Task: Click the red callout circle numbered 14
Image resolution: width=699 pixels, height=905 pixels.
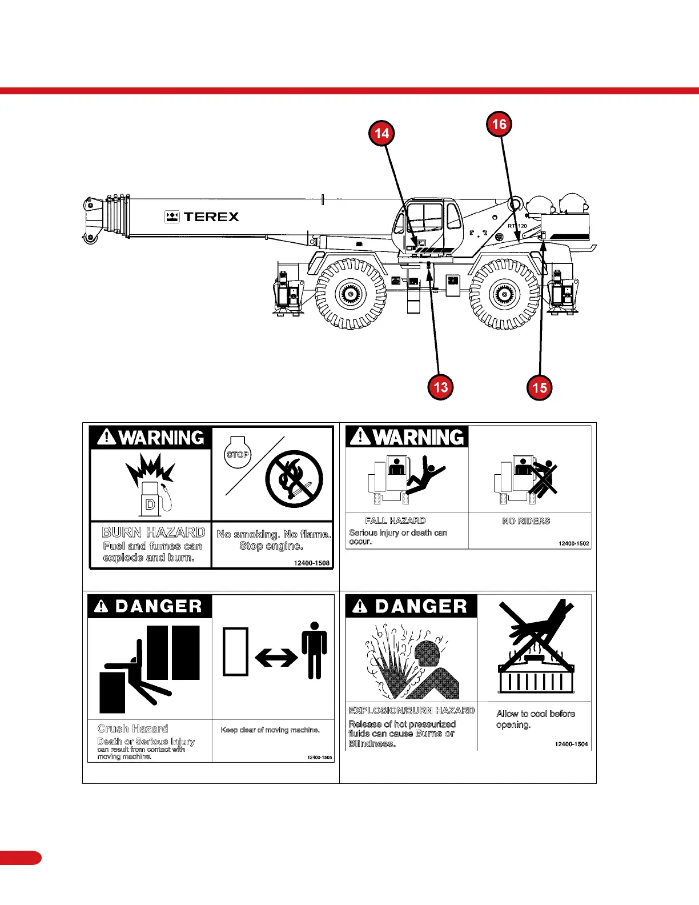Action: tap(381, 134)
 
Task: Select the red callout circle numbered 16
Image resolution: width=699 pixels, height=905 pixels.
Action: tap(499, 124)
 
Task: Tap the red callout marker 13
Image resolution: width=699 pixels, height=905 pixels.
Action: tap(440, 387)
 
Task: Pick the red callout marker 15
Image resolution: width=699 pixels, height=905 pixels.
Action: tap(540, 388)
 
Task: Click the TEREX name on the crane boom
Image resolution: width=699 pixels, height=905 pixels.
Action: tap(211, 217)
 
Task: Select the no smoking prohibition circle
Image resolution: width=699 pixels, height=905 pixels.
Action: tap(294, 479)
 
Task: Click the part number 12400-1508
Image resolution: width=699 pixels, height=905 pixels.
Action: tap(312, 563)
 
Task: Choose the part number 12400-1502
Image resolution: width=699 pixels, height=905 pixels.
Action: tap(574, 543)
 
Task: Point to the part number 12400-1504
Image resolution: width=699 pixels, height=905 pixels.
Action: tap(571, 744)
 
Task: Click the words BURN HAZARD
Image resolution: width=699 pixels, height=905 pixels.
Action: tap(153, 532)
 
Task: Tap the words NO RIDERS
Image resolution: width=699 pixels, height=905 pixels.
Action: tap(526, 521)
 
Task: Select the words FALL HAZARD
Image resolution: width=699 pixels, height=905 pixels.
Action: tap(395, 520)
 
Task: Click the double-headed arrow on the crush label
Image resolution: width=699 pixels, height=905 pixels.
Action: tap(276, 658)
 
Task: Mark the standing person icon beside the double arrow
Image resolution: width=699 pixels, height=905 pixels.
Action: tap(314, 650)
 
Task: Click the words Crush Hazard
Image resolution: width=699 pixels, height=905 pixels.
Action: tap(133, 728)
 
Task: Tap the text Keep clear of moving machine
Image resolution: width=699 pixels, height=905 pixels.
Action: tap(270, 730)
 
